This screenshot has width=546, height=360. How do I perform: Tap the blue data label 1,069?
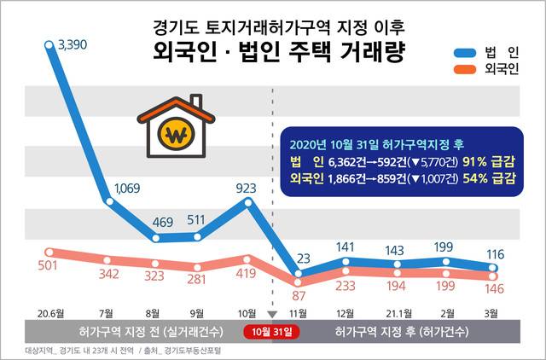tap(127, 188)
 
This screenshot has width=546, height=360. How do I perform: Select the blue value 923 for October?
tap(246, 186)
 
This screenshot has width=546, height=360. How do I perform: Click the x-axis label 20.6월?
tap(51, 312)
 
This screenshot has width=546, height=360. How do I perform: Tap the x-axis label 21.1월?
tap(395, 312)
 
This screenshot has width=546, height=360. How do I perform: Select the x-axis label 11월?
tap(299, 312)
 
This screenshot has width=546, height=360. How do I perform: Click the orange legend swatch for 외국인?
tap(465, 69)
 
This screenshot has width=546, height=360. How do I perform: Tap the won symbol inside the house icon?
tap(176, 136)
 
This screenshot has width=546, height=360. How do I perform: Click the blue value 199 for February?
tap(444, 247)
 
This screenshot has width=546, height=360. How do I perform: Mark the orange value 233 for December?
tap(346, 286)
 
